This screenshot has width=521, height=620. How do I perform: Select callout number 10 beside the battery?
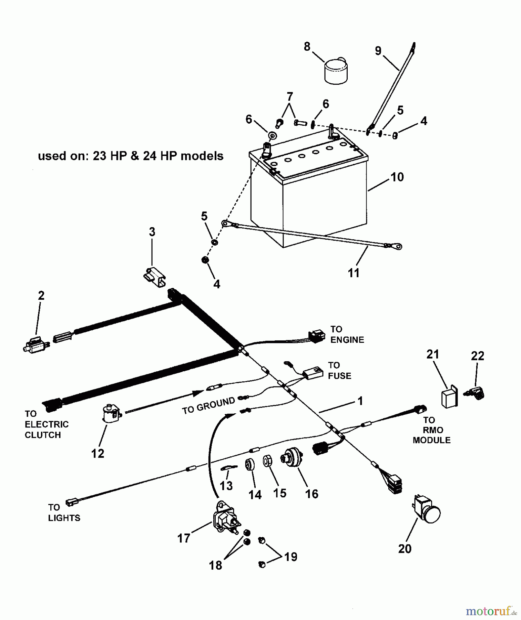tap(397, 177)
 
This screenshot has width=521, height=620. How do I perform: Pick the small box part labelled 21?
tap(449, 399)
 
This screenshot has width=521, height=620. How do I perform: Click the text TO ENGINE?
tap(347, 334)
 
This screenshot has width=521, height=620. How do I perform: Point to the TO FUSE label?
tap(339, 370)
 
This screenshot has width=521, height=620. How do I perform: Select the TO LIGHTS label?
tap(64, 513)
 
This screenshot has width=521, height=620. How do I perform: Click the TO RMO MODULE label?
tap(431, 430)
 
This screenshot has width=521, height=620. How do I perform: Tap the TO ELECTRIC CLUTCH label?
tap(47, 424)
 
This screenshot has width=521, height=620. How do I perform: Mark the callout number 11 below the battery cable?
tap(354, 273)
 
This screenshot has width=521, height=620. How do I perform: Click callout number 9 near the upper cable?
tap(378, 51)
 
